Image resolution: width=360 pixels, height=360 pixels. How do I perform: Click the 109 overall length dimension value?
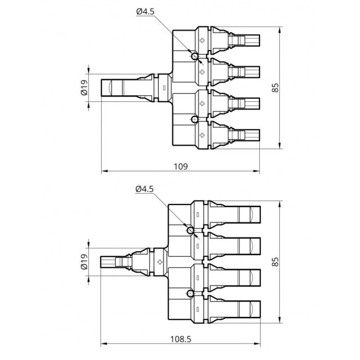click(x=180, y=166)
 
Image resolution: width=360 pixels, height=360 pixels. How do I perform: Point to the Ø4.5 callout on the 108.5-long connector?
click(x=144, y=189)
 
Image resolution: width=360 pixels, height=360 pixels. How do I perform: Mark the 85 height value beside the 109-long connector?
click(x=275, y=87)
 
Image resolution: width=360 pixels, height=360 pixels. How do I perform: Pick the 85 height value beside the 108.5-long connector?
click(x=275, y=262)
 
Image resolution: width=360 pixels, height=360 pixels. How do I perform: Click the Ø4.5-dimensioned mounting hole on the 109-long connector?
click(x=194, y=56)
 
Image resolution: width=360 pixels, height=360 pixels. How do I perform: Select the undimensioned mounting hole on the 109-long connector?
click(x=194, y=119)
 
